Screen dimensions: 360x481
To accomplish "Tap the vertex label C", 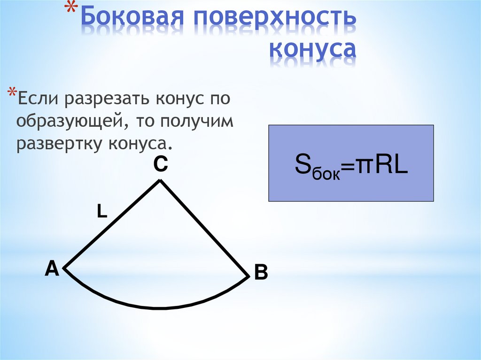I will pyautogui.click(x=160, y=164).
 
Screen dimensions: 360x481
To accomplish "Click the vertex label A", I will pyautogui.click(x=51, y=269).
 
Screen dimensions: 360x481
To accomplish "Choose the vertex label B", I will pyautogui.click(x=261, y=272).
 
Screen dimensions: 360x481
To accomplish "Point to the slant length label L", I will pyautogui.click(x=102, y=212).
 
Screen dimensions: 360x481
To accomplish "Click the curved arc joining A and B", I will pyautogui.click(x=160, y=307).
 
